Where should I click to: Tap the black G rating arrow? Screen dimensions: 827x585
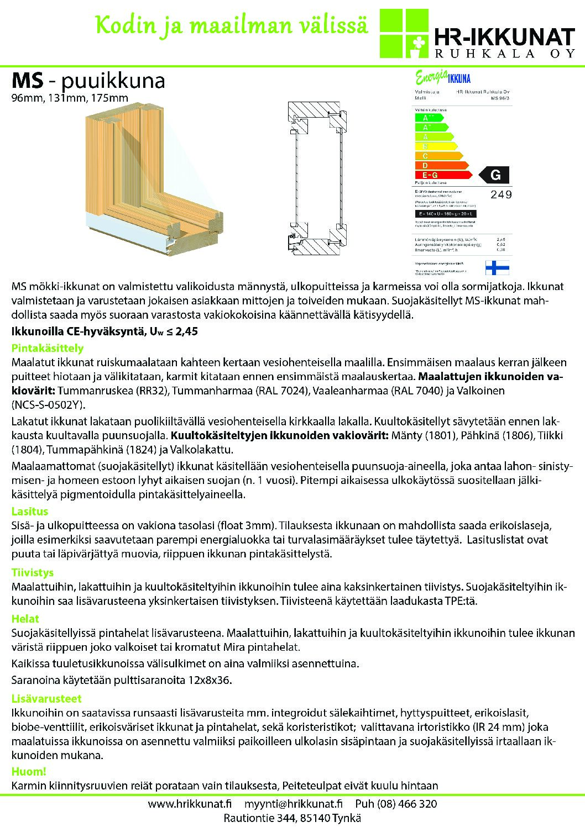coord(493,175)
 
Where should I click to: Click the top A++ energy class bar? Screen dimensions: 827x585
coord(429,118)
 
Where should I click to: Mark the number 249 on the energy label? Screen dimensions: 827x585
coord(501,194)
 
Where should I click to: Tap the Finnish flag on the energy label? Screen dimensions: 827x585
coord(497,267)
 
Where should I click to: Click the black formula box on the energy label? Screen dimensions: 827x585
coord(445,213)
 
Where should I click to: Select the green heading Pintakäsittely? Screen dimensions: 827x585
coord(48,348)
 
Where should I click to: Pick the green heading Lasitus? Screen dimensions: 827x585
coord(30,511)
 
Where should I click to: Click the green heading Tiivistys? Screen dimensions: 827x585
coord(33,572)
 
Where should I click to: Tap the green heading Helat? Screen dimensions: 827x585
coord(25,619)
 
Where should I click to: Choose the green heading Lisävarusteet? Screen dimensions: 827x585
coord(46,698)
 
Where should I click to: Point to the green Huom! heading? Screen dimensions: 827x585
coord(29,771)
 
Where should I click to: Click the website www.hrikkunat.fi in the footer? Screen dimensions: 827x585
coord(190,804)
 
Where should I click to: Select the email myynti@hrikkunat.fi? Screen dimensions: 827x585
coord(294,804)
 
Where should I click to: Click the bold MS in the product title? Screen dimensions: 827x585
coord(27,81)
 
